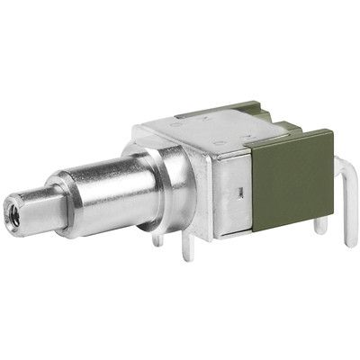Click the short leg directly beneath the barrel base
point(157,239)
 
